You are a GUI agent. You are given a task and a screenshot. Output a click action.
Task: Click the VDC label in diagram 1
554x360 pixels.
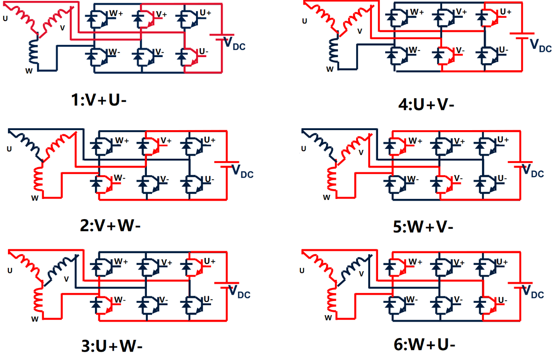tap(234, 44)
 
